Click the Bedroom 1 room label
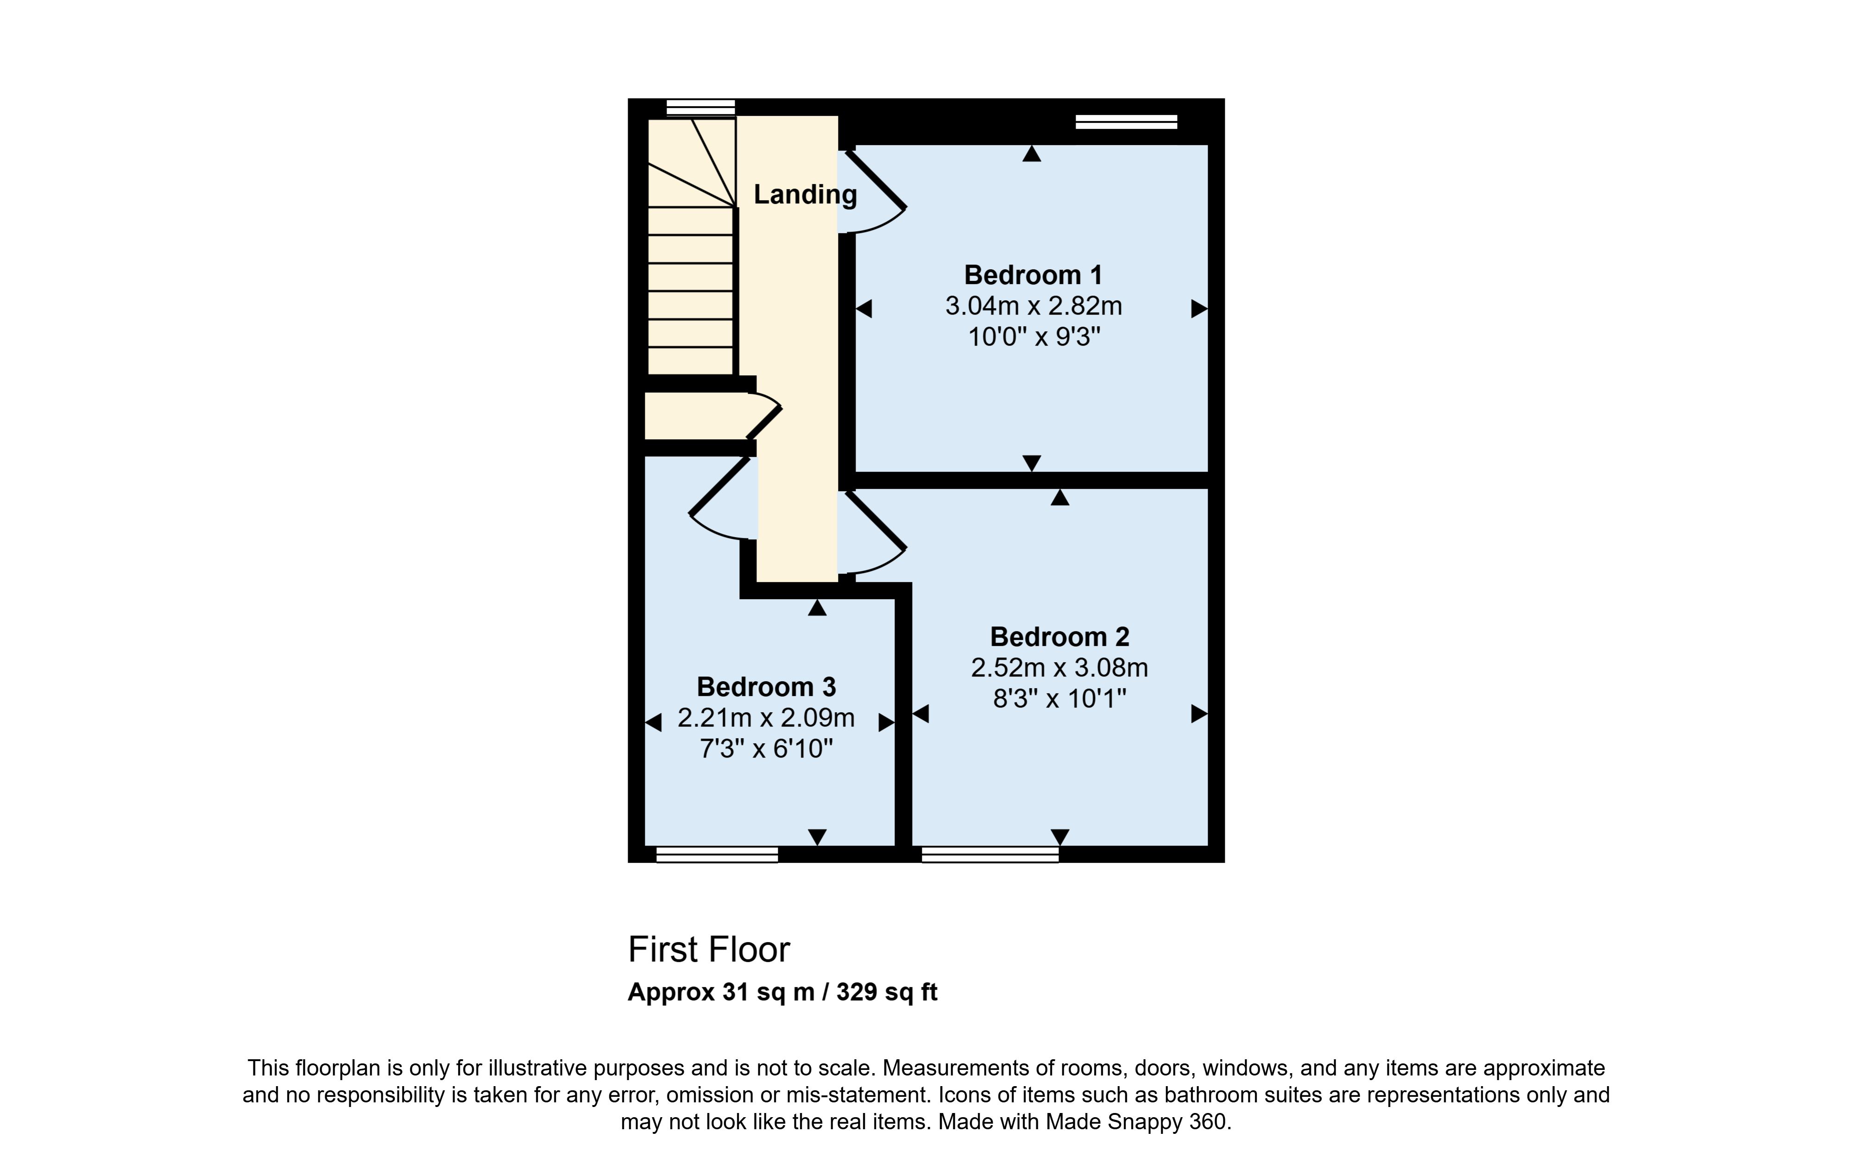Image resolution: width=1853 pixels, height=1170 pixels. click(1033, 275)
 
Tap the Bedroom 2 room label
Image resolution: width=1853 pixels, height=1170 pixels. click(1059, 637)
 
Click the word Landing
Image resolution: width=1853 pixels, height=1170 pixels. click(805, 195)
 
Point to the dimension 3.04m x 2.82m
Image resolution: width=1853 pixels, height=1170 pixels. click(1034, 306)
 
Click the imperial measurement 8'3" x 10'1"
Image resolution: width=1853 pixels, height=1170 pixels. click(1059, 699)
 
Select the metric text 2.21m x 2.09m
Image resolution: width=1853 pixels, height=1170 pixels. click(766, 718)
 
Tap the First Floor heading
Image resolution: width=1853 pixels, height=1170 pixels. click(709, 950)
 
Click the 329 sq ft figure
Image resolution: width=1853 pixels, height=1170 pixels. click(887, 992)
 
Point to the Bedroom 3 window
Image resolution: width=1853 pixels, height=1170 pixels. click(717, 854)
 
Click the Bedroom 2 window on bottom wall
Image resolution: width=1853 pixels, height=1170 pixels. click(990, 854)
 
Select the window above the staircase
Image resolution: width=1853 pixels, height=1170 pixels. click(700, 107)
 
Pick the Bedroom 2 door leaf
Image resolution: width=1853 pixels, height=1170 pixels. click(876, 521)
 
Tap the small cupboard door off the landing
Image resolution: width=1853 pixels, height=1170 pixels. click(764, 423)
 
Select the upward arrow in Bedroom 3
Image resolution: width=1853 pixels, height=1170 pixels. click(817, 608)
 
